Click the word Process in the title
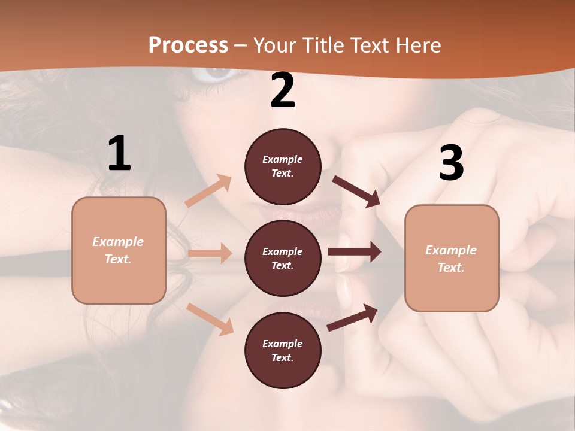coord(188,45)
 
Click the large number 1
coord(119,154)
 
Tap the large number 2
coord(283,91)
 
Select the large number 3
coord(451,163)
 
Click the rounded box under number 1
coord(119,250)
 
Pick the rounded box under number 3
coord(452,258)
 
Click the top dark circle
coord(283,166)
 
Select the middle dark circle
coord(283,258)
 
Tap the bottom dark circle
coord(283,350)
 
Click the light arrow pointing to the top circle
coord(208,191)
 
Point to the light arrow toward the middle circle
coord(210,253)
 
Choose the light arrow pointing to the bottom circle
coord(210,319)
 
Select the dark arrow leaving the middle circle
coord(355,252)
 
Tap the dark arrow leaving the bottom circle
coord(353,318)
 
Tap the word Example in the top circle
coord(283,159)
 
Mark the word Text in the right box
coord(450,268)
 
